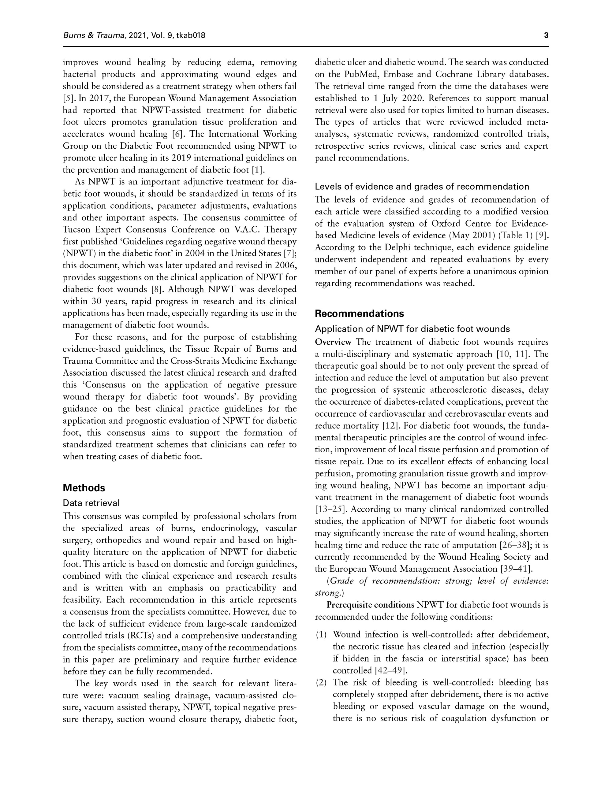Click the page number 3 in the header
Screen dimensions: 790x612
[x=546, y=35]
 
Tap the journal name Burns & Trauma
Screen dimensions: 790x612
[x=95, y=35]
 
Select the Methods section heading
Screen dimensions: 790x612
[x=84, y=488]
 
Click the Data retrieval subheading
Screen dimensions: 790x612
[x=91, y=503]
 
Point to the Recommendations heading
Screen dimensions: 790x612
[x=359, y=313]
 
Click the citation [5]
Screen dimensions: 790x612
[x=69, y=98]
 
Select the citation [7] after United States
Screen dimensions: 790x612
[x=289, y=254]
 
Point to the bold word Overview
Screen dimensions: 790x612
[x=333, y=342]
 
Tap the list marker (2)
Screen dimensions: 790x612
[x=321, y=683]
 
